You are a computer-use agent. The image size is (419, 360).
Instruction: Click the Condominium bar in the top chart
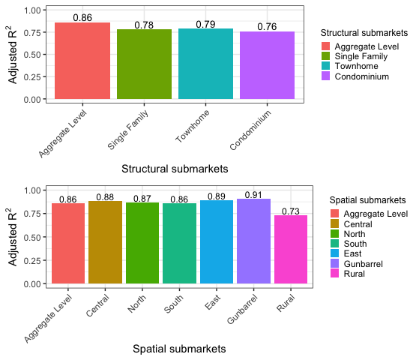click(267, 65)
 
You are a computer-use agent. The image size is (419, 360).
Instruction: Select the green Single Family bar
click(144, 64)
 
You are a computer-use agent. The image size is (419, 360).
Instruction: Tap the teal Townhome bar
click(205, 64)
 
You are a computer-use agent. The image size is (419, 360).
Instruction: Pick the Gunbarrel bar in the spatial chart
click(253, 241)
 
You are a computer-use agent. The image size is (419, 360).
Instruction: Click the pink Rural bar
click(291, 249)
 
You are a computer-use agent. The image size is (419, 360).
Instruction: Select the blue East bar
click(217, 241)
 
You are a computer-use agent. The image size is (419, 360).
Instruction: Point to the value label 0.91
click(253, 195)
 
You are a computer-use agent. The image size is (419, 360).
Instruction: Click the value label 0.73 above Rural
click(291, 211)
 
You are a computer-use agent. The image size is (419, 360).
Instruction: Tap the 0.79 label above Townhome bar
click(205, 24)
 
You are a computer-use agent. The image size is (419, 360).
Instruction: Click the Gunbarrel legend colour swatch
click(334, 263)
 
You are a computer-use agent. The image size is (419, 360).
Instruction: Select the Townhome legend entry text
click(356, 66)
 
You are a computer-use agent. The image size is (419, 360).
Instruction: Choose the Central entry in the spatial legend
click(358, 224)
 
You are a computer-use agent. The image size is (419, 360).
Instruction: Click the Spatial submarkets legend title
click(367, 200)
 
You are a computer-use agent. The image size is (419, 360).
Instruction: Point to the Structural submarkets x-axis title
click(175, 169)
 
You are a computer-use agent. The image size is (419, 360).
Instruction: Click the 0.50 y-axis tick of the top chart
click(32, 55)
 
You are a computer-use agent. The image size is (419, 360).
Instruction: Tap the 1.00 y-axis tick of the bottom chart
click(32, 190)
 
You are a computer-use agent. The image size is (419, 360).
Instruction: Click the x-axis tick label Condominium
click(250, 130)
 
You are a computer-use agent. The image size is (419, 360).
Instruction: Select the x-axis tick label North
click(137, 304)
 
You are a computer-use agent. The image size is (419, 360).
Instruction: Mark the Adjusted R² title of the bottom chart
click(13, 237)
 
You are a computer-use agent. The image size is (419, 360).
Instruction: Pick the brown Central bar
click(105, 242)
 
